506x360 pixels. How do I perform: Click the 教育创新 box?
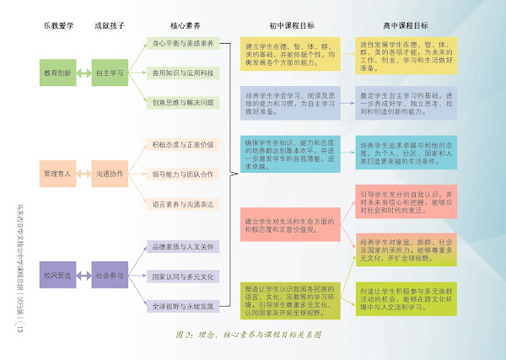(58, 73)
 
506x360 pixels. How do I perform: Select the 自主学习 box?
(109, 73)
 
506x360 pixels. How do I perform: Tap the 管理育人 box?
(58, 174)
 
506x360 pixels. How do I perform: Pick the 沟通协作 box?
(109, 174)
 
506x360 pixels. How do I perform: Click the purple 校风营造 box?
(58, 275)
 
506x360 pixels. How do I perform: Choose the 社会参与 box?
(109, 275)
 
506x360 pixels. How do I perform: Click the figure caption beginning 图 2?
(248, 335)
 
